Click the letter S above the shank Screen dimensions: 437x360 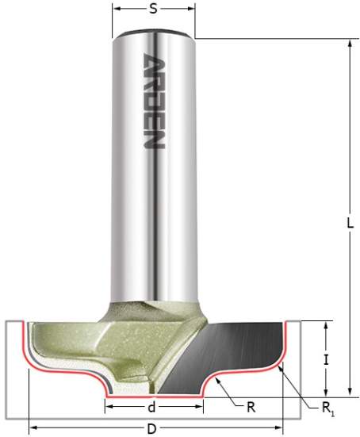tap(153, 10)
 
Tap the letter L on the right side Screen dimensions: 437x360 tap(349, 224)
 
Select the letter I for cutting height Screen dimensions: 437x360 tap(327, 359)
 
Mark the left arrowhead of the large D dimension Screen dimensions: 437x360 tap(32, 429)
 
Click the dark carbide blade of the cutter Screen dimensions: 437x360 tap(238, 349)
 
